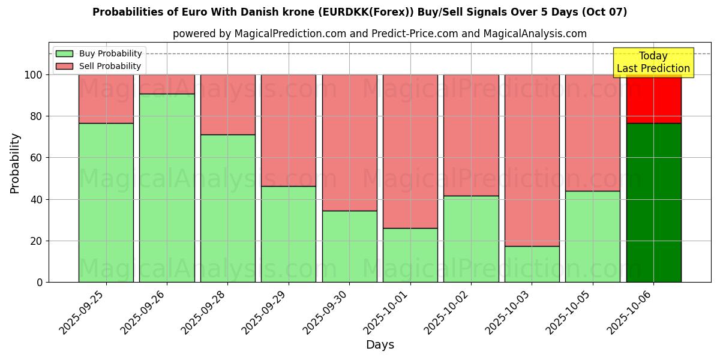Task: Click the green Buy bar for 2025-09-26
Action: pyautogui.click(x=167, y=188)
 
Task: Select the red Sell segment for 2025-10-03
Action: pyautogui.click(x=532, y=160)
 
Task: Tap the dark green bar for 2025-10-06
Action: pyautogui.click(x=653, y=202)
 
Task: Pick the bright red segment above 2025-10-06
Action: pyautogui.click(x=653, y=100)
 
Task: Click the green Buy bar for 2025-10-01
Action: pyautogui.click(x=410, y=255)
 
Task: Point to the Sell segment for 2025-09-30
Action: pyautogui.click(x=349, y=142)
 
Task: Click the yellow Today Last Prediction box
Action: pyautogui.click(x=653, y=62)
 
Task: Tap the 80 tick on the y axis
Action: pyautogui.click(x=37, y=116)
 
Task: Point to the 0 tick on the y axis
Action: pyautogui.click(x=40, y=283)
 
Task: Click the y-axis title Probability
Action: pyautogui.click(x=16, y=163)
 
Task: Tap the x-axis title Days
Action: pyautogui.click(x=380, y=345)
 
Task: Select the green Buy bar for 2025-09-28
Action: pyautogui.click(x=227, y=208)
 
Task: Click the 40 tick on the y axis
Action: pyautogui.click(x=37, y=199)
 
